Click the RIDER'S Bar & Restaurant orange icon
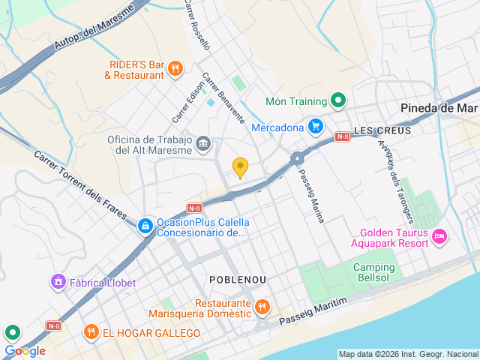(x=175, y=69)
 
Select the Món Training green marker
(x=338, y=101)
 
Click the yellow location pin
(x=240, y=168)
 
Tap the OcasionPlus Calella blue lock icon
(x=144, y=225)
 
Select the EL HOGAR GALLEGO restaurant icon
(x=91, y=332)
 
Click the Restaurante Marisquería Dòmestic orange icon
(x=262, y=306)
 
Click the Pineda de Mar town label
(x=439, y=108)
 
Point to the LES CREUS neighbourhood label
(x=373, y=129)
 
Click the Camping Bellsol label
(x=373, y=274)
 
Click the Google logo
(x=25, y=350)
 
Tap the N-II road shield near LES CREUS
(x=342, y=136)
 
